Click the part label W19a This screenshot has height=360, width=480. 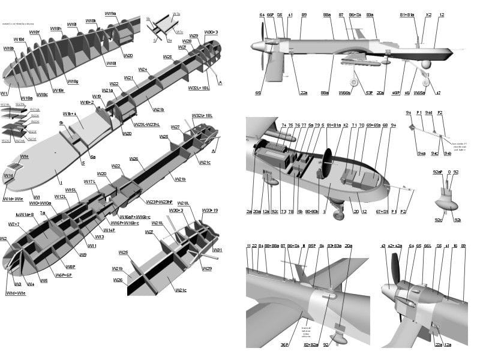[x=110, y=13]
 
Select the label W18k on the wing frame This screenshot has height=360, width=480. [x=91, y=20]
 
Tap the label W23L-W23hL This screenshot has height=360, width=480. [x=148, y=124]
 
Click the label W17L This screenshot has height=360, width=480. [x=89, y=181]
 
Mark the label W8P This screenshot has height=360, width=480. [x=70, y=266]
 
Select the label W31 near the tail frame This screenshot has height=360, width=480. [x=217, y=250]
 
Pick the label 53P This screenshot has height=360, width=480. [x=369, y=93]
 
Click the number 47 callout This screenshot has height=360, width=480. [x=438, y=93]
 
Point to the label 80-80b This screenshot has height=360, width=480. [x=311, y=212]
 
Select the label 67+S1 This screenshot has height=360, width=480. [x=382, y=212]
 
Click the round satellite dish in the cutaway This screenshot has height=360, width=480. [x=328, y=161]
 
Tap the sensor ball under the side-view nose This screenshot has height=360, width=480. [x=426, y=64]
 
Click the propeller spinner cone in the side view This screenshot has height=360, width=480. [x=254, y=46]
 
